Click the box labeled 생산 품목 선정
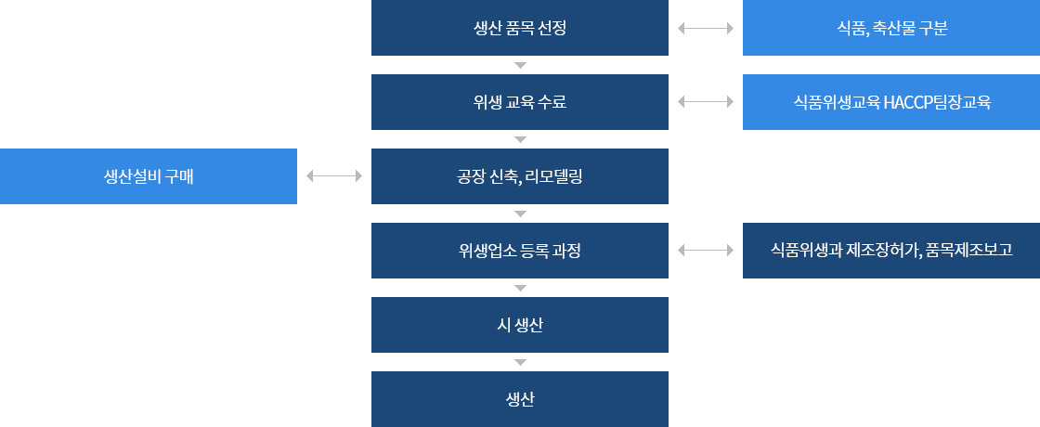click(520, 28)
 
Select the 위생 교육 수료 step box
click(520, 102)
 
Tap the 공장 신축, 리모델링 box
click(520, 176)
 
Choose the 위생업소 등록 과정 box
click(520, 251)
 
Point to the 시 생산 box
click(520, 325)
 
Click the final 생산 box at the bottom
click(520, 399)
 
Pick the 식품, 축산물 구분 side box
click(891, 28)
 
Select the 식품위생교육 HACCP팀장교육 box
click(891, 102)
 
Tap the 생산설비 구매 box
click(149, 176)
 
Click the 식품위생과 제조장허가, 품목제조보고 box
click(891, 251)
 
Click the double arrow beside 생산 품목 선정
click(706, 28)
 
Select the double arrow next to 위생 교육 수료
click(706, 101)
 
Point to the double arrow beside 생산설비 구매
click(334, 175)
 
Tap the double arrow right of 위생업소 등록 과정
click(706, 250)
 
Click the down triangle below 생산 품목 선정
click(520, 65)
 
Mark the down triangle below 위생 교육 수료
click(520, 139)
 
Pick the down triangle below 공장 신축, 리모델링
click(520, 213)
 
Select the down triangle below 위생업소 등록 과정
click(520, 288)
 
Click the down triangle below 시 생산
click(520, 362)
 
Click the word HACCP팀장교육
click(937, 102)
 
